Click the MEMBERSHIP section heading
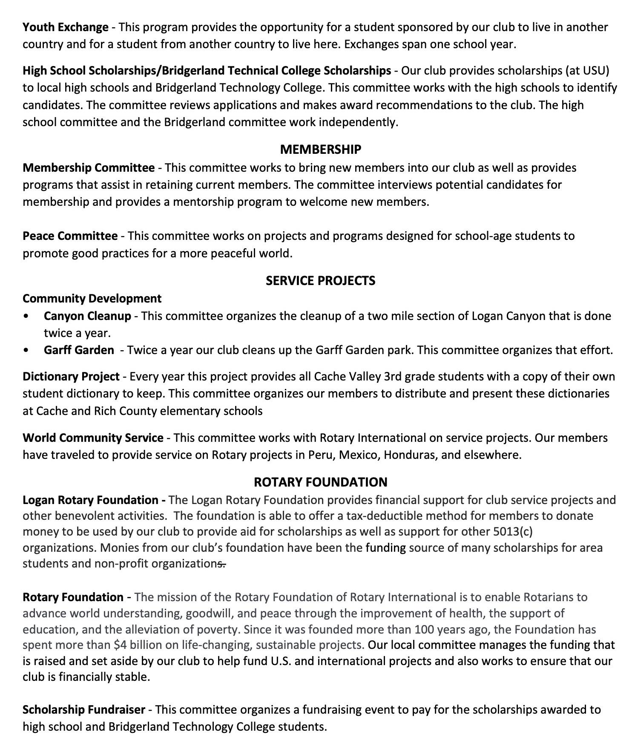(x=320, y=149)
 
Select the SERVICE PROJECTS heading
(x=320, y=280)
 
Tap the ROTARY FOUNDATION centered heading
(x=320, y=482)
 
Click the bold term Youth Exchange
(x=65, y=27)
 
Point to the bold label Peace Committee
(x=70, y=236)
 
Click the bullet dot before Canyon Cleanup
(x=27, y=316)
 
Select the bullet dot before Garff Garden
(x=27, y=350)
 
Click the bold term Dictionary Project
(x=71, y=377)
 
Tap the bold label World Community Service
(x=93, y=438)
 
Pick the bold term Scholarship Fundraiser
(x=83, y=709)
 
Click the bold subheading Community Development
(x=92, y=298)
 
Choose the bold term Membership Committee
(x=88, y=167)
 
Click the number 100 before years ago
(x=424, y=629)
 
